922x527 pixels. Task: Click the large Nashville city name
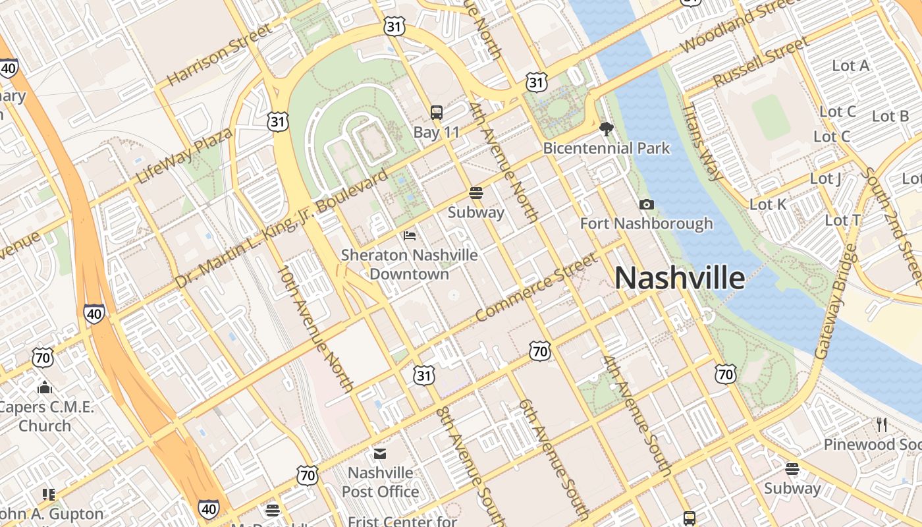(x=680, y=278)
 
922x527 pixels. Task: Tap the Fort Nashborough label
(x=646, y=223)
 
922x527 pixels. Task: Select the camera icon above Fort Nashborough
(x=647, y=205)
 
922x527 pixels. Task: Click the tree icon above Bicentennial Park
(x=607, y=129)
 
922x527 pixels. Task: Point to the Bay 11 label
(x=436, y=132)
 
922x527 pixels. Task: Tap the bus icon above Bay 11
(x=436, y=113)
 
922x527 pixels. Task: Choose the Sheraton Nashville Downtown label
(x=409, y=263)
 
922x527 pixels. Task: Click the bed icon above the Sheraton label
(x=409, y=235)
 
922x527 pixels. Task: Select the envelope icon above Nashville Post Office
(x=380, y=454)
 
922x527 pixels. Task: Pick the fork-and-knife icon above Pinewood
(x=882, y=425)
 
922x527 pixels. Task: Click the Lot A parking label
(x=850, y=65)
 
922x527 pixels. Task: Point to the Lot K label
(x=768, y=204)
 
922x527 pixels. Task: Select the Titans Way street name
(x=702, y=142)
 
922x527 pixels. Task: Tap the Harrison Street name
(x=219, y=55)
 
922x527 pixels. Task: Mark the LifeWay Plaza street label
(x=184, y=156)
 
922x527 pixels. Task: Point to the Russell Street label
(x=761, y=61)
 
